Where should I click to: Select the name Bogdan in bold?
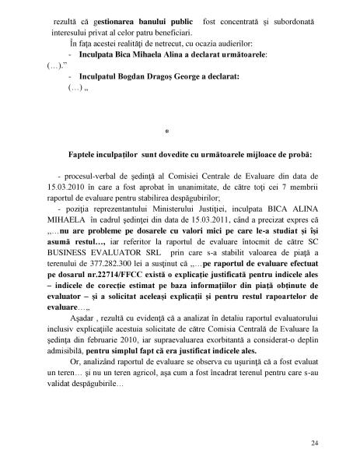(148, 77)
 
